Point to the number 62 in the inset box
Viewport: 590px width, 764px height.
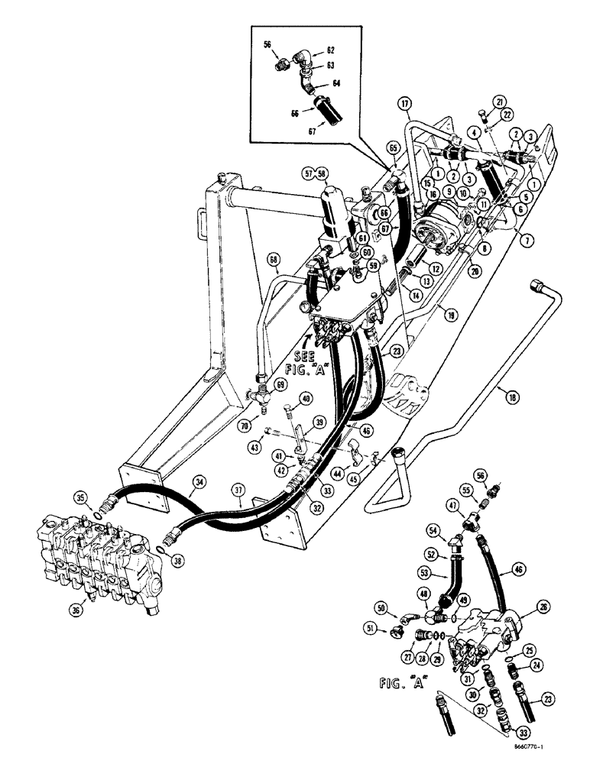coord(331,50)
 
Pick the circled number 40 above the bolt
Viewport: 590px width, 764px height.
coord(304,398)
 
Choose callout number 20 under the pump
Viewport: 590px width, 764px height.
coord(475,270)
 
